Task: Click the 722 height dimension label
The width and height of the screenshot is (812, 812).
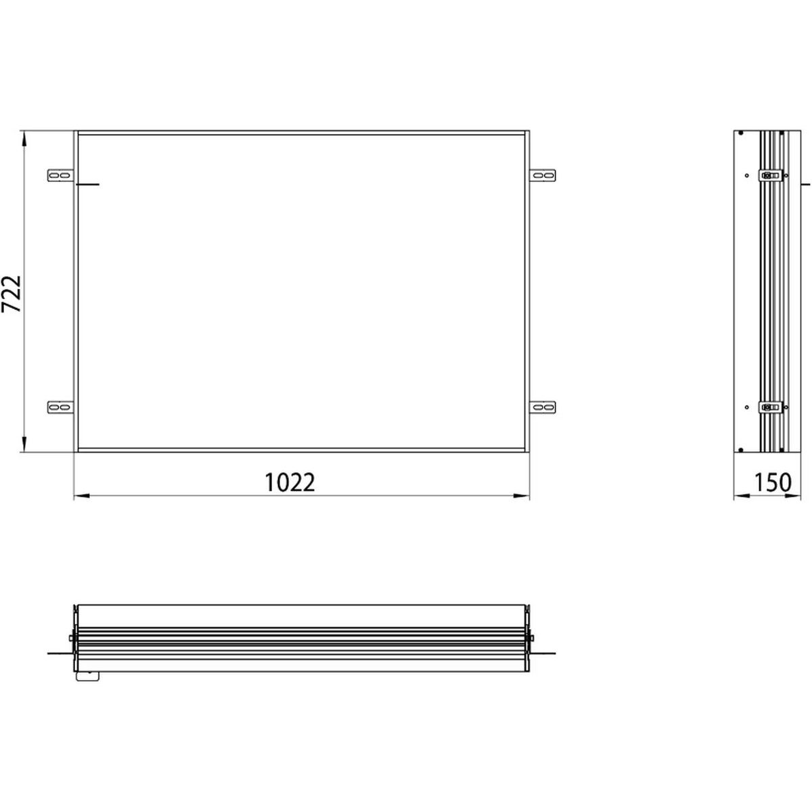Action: (x=12, y=294)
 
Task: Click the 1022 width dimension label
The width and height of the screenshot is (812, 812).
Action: (x=290, y=482)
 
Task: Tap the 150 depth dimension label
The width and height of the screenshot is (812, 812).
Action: (x=772, y=482)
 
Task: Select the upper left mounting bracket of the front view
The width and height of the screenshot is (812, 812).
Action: (x=60, y=175)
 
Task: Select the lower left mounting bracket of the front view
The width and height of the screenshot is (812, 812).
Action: (x=60, y=407)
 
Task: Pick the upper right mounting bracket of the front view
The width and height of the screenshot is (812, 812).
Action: (x=543, y=175)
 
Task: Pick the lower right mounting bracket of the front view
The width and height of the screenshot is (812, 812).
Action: (x=543, y=407)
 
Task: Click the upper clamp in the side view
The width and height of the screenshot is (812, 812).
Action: (x=771, y=175)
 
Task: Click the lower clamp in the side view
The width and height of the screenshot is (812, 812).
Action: (x=771, y=407)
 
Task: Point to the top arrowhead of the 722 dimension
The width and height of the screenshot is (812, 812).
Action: (x=24, y=139)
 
